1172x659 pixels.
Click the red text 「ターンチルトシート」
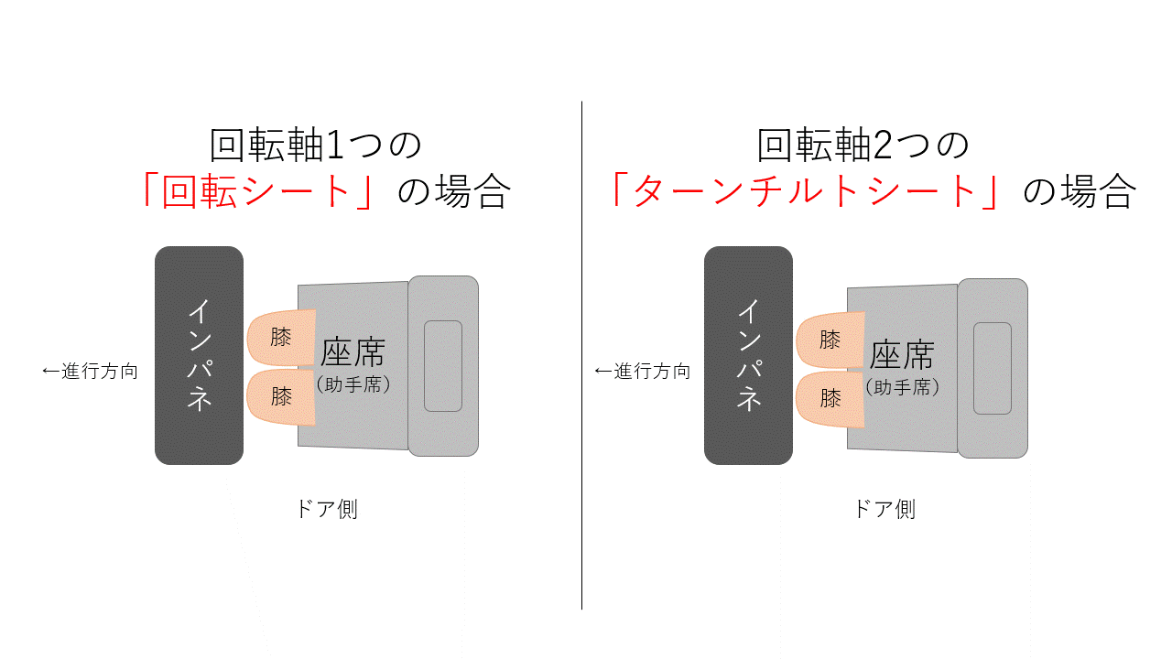coord(806,191)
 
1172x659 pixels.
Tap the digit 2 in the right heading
coord(883,146)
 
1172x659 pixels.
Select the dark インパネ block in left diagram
coord(200,356)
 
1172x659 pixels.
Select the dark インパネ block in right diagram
coord(748,356)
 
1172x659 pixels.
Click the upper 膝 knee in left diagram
coord(281,338)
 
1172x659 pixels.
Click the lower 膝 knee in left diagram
coord(281,397)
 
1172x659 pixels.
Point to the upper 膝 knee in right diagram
coord(830,340)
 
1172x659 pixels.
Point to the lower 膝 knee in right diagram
coord(830,399)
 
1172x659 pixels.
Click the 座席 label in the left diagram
coord(353,352)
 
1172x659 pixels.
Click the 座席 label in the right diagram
coord(902,355)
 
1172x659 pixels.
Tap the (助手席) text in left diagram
coord(353,385)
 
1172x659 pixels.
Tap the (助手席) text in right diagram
coord(902,387)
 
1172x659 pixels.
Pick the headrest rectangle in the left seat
coord(443,366)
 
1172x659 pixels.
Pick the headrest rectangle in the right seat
coord(993,368)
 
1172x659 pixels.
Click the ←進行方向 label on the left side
coord(90,372)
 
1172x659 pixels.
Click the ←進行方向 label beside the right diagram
coord(643,372)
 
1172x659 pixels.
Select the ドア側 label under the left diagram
coord(328,509)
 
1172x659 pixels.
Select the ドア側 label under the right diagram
coord(885,509)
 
